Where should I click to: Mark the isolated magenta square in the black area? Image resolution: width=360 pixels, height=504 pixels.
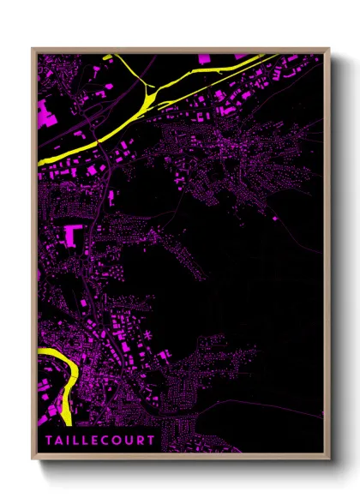pos(274,219)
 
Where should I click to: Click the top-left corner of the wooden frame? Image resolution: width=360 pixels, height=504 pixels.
pos(33,49)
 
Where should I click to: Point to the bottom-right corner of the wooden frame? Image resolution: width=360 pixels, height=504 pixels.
pos(329,459)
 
